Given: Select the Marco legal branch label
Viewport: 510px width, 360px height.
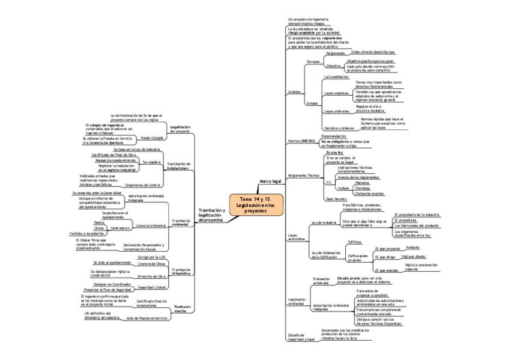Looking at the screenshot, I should (x=270, y=180).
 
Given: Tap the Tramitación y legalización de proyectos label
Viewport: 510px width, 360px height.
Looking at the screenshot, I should (x=211, y=215).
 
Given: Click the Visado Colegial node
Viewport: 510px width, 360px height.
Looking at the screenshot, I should (x=152, y=138).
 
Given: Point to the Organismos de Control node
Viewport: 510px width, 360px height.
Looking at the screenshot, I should (x=145, y=185).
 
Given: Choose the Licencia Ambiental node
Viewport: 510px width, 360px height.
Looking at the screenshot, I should (x=151, y=225).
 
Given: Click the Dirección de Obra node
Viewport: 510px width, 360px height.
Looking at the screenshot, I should (x=151, y=276).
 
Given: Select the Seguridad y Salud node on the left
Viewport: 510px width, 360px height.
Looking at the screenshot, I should (x=151, y=288).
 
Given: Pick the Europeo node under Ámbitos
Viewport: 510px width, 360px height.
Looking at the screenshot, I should (x=313, y=61).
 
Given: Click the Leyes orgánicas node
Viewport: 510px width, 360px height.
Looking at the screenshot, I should (x=336, y=93).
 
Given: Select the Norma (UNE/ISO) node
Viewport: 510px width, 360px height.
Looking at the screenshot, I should (x=301, y=141).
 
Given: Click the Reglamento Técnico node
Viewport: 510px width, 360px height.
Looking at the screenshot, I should (x=303, y=175).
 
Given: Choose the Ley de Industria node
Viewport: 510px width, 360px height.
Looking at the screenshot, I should (x=323, y=223).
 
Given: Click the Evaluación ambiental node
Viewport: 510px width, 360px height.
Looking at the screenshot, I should (x=322, y=281).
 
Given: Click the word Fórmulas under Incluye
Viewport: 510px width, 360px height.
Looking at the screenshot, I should (x=364, y=188).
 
